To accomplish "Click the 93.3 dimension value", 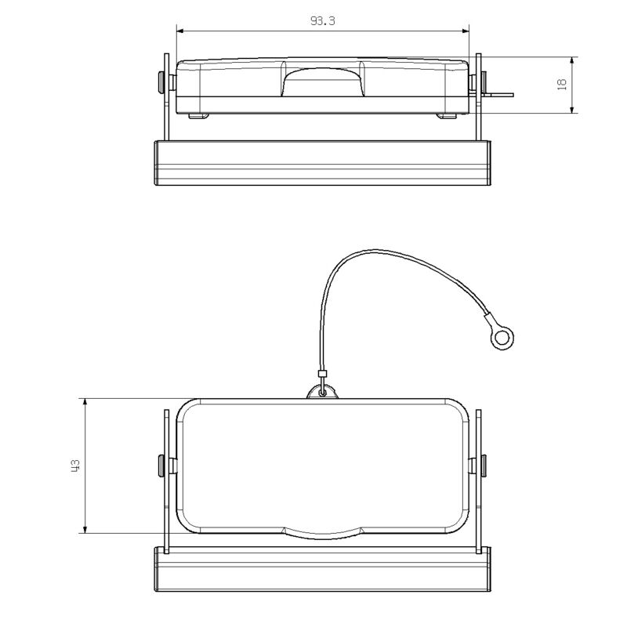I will (x=322, y=21).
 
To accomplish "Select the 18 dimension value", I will (x=562, y=85).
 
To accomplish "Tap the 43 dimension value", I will (x=75, y=466).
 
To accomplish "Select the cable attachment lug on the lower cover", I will (x=321, y=390).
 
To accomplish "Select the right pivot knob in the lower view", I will (x=483, y=466).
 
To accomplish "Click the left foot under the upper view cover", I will (x=199, y=116).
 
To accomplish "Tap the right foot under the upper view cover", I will (x=447, y=116).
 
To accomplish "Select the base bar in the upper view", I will (x=322, y=163).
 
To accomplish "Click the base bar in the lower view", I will (x=322, y=570).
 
